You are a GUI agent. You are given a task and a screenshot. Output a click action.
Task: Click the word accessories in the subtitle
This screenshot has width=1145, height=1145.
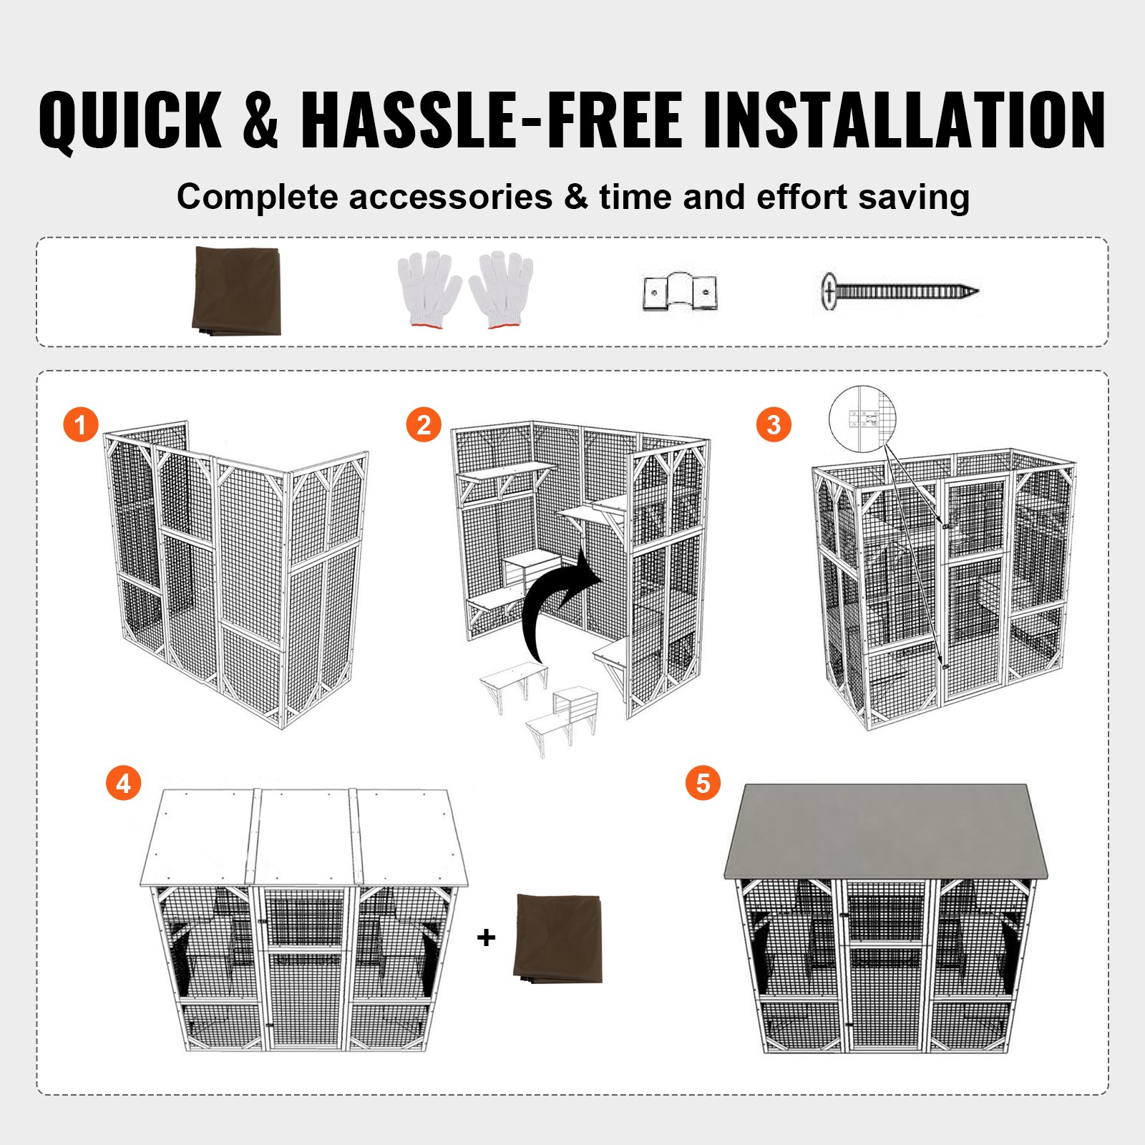pos(450,197)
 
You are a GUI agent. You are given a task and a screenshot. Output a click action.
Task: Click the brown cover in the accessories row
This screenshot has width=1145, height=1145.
pos(237,291)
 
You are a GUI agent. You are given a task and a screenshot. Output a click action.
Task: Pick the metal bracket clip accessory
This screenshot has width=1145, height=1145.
pos(680,292)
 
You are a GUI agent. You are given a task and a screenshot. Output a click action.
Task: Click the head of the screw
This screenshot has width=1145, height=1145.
pos(829,291)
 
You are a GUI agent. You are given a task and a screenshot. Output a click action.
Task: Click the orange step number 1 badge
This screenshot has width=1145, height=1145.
pos(80,424)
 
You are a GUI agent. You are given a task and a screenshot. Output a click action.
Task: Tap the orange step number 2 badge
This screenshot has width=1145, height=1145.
pos(424,424)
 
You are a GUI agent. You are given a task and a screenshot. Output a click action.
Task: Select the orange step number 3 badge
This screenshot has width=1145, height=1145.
pos(774,424)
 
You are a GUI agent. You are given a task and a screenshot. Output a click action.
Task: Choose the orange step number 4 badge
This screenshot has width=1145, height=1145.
pos(123,783)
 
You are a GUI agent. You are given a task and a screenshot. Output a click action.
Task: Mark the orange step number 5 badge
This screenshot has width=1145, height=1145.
pos(703,783)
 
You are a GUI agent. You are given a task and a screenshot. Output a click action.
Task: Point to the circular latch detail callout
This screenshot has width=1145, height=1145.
pos(862,419)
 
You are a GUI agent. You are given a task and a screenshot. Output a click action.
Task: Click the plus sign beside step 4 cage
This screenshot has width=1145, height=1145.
pos(486,937)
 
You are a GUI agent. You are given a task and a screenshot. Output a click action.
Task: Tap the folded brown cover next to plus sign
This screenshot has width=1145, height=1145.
pos(559,938)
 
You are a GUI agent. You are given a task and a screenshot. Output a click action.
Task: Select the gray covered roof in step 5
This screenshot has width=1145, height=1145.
pos(885,830)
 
